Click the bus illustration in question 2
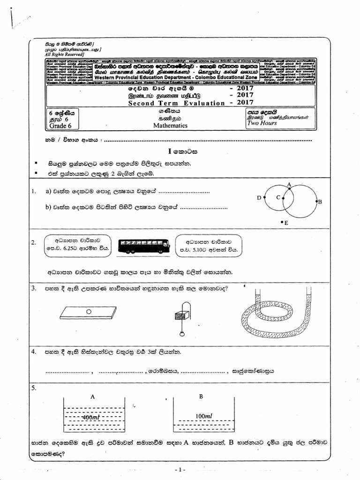[x=143, y=245]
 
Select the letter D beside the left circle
[x=259, y=198]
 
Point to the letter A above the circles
[x=289, y=184]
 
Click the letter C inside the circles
[x=277, y=197]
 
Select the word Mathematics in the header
[x=170, y=126]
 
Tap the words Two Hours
[x=262, y=123]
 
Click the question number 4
[x=34, y=351]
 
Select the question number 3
[x=34, y=288]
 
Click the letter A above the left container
[x=93, y=397]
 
